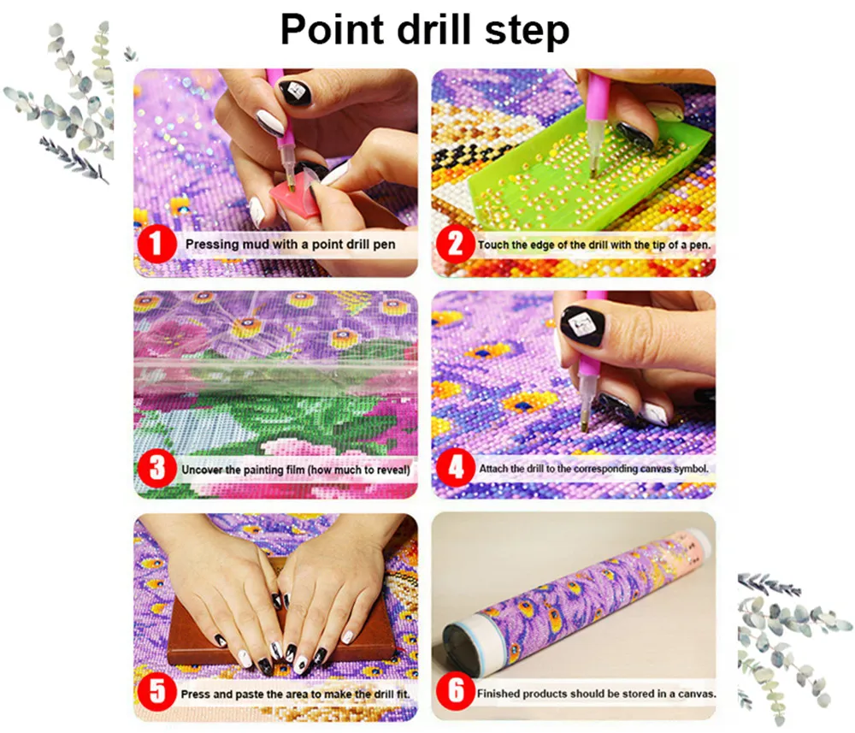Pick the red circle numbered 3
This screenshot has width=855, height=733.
coord(156,469)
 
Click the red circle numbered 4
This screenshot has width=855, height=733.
coord(455,469)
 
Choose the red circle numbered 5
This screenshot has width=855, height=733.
coord(156,690)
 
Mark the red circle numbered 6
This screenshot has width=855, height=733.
coord(456,692)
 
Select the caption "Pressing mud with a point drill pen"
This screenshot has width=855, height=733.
coord(290,245)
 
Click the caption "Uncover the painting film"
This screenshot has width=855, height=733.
coord(295,470)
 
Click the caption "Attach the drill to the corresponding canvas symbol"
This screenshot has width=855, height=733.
coord(593,470)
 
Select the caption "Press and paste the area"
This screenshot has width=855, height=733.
coord(295,691)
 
